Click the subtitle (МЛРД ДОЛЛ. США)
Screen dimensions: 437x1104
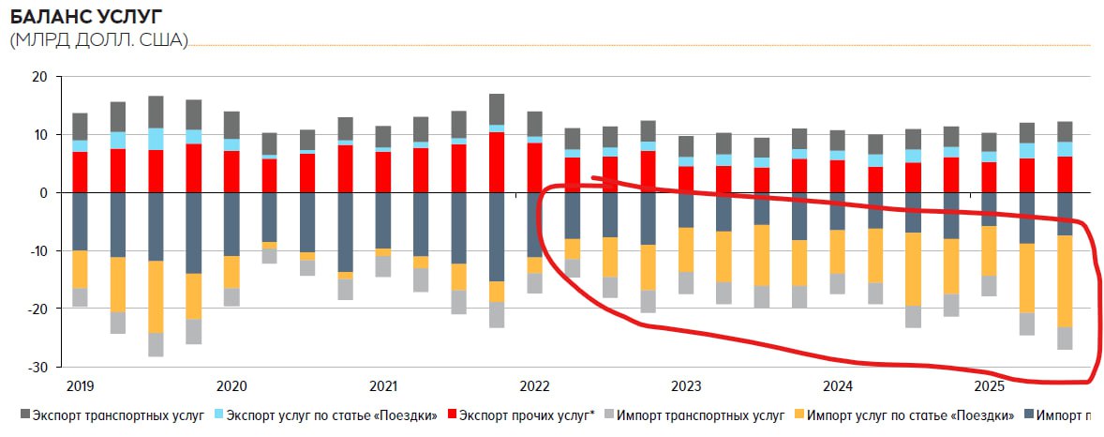tap(98, 40)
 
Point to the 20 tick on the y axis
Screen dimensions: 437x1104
tap(38, 77)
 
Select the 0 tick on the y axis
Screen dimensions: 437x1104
tap(42, 193)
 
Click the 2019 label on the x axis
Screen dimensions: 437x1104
tap(80, 386)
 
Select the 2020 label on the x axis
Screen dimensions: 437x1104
tap(231, 386)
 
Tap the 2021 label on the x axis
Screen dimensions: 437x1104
tap(383, 386)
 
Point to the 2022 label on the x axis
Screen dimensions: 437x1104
tap(534, 386)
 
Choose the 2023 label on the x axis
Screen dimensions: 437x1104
tap(686, 386)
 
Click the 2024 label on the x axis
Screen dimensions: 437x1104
tap(838, 386)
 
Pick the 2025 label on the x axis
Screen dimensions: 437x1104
tap(989, 386)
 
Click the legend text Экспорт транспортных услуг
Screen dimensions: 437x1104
tap(118, 414)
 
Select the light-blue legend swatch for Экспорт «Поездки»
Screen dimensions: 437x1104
tap(217, 414)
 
